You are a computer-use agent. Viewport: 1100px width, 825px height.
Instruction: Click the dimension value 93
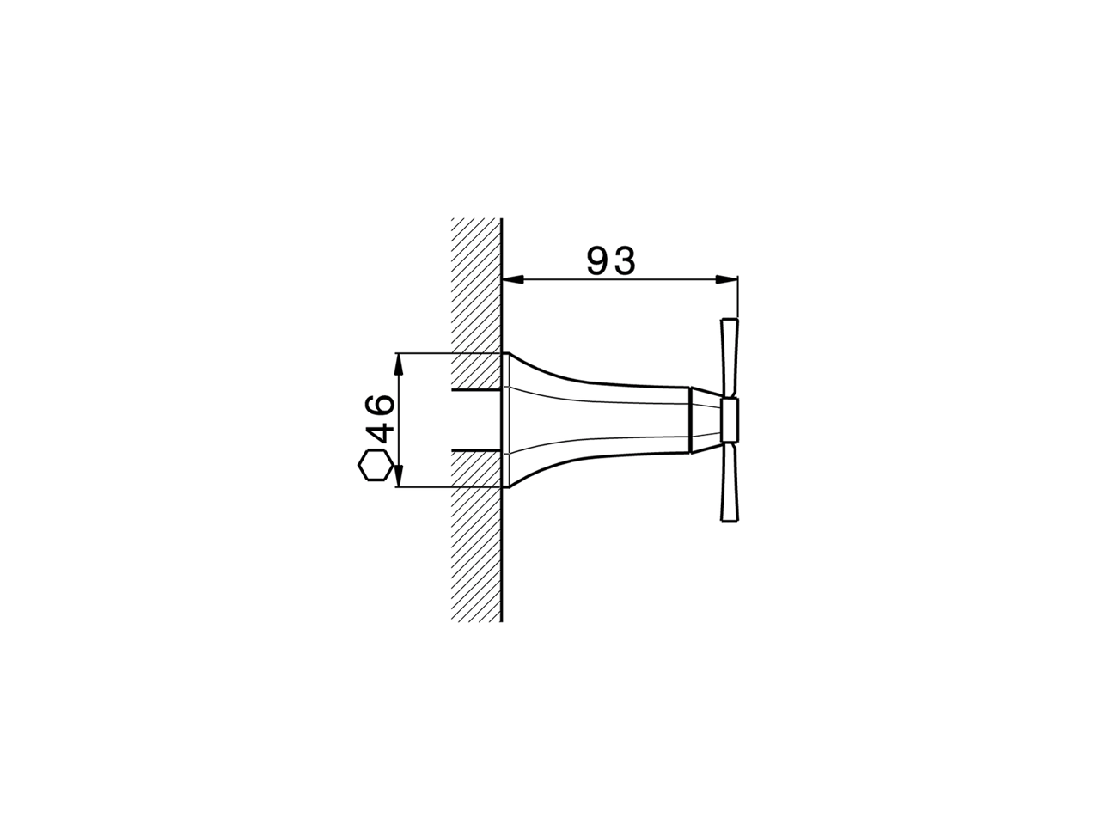[x=611, y=260]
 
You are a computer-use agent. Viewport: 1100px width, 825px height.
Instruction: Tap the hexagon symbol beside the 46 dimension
[x=376, y=467]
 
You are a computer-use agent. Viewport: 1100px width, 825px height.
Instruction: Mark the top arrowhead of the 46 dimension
[x=398, y=362]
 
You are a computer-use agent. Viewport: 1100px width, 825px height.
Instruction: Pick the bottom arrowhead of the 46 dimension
[x=398, y=477]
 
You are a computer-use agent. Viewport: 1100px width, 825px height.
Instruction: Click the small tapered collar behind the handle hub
[x=705, y=420]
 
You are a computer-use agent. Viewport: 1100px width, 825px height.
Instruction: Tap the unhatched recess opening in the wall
[x=475, y=420]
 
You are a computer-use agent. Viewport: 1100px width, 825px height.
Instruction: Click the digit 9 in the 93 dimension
[x=598, y=260]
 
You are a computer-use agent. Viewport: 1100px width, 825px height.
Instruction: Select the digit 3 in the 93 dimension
[x=624, y=260]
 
